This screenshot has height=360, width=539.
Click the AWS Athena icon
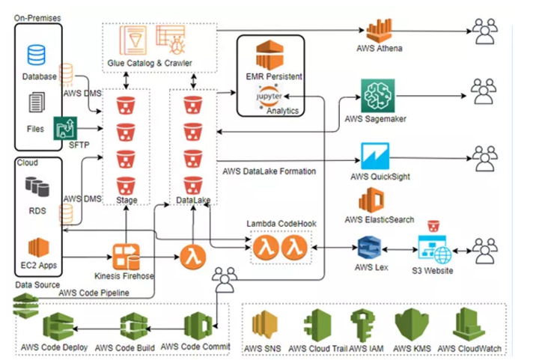pos(379,29)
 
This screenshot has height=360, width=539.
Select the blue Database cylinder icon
pos(36,55)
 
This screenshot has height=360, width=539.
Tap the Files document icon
pos(37,104)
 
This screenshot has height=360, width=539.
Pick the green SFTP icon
pos(63,128)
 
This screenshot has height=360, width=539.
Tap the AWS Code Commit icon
pos(197,326)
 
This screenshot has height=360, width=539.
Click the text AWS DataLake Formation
pos(270,171)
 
